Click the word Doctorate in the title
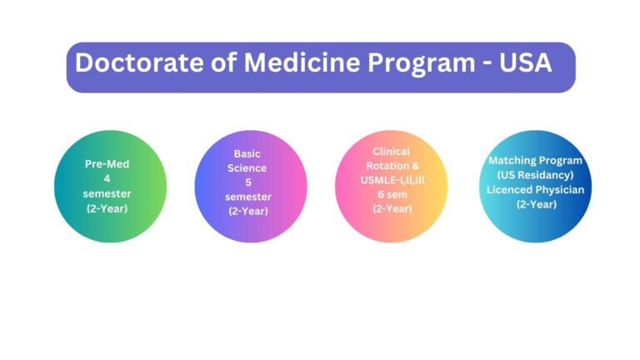(139, 62)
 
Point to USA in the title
(525, 62)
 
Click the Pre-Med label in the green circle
(107, 164)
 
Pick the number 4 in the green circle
(107, 179)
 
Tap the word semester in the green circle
(107, 193)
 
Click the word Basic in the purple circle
(247, 154)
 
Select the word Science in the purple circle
(247, 168)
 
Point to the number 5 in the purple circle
(247, 182)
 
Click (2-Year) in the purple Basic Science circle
(247, 211)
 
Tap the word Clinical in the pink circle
(391, 152)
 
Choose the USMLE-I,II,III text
(392, 180)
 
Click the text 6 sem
(392, 195)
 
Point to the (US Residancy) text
(535, 175)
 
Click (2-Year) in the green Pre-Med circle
(107, 208)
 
